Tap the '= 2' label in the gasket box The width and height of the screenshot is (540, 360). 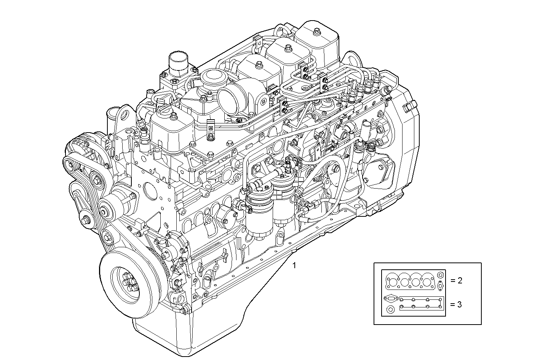click(x=456, y=281)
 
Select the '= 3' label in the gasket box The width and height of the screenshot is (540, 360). click(x=456, y=304)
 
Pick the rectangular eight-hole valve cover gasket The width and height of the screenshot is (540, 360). click(x=421, y=303)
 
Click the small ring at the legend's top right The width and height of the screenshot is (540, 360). click(x=440, y=275)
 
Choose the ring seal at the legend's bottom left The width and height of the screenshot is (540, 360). click(x=390, y=309)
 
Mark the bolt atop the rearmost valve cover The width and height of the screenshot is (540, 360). click(x=316, y=30)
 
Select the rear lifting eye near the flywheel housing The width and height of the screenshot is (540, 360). click(x=352, y=59)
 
